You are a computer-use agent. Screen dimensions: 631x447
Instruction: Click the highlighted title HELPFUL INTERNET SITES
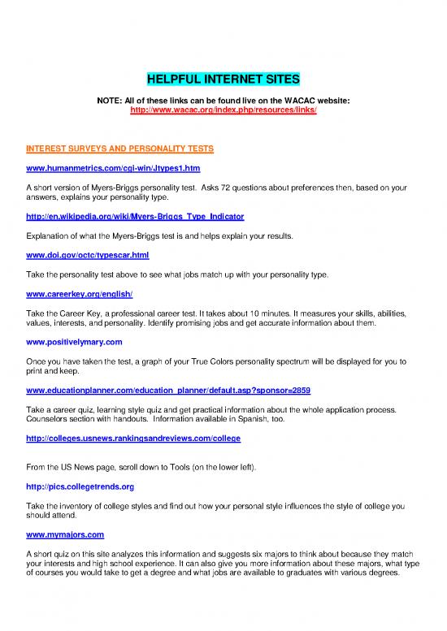tap(223, 80)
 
